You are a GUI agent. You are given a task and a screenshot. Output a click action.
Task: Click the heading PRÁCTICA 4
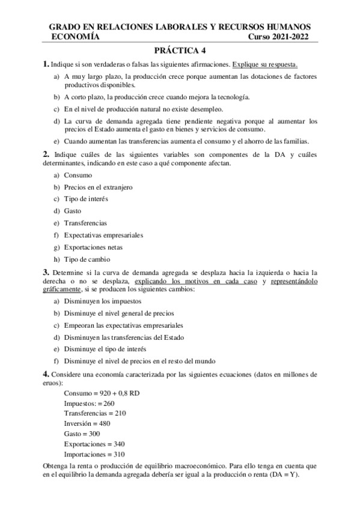(x=180, y=52)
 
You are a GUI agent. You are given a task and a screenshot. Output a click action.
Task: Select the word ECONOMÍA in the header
(x=75, y=37)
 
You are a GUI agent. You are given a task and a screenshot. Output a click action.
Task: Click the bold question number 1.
(x=46, y=64)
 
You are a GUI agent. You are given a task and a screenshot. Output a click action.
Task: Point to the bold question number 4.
(x=46, y=374)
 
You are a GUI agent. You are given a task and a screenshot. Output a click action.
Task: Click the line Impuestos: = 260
(x=89, y=403)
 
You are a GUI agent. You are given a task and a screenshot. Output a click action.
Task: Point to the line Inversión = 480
(x=87, y=423)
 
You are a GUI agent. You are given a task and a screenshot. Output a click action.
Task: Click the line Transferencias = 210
(x=94, y=413)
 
